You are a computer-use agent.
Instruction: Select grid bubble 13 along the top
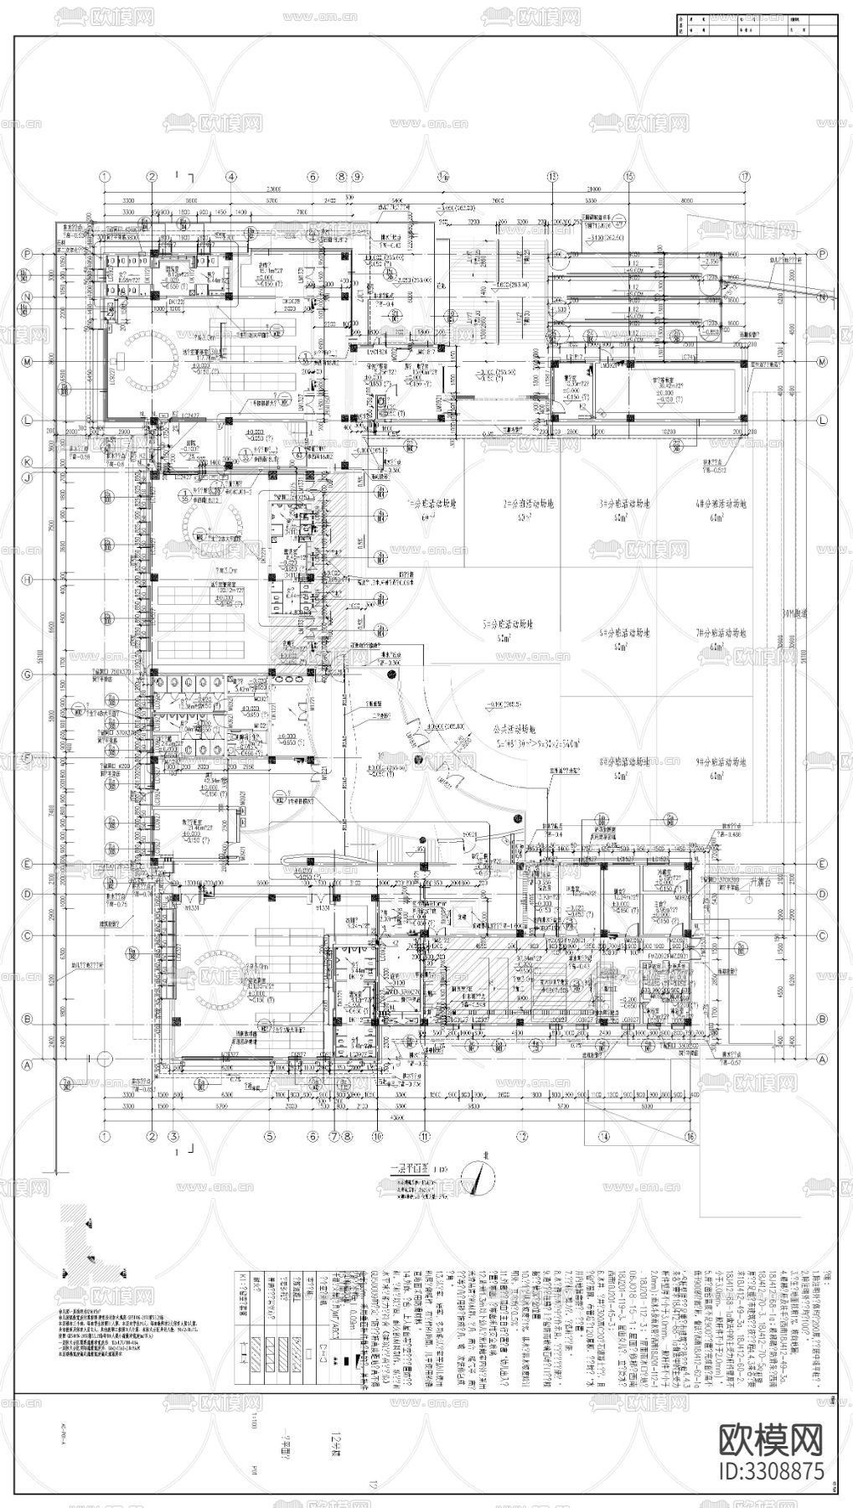coord(552,176)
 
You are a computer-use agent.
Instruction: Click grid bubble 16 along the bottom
coord(690,1136)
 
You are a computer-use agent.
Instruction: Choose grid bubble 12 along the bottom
coord(523,1136)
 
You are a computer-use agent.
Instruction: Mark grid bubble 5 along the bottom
coord(270,1136)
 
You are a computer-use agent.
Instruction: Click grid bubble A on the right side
coord(822,1059)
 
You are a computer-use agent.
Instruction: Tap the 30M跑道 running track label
coord(785,613)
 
